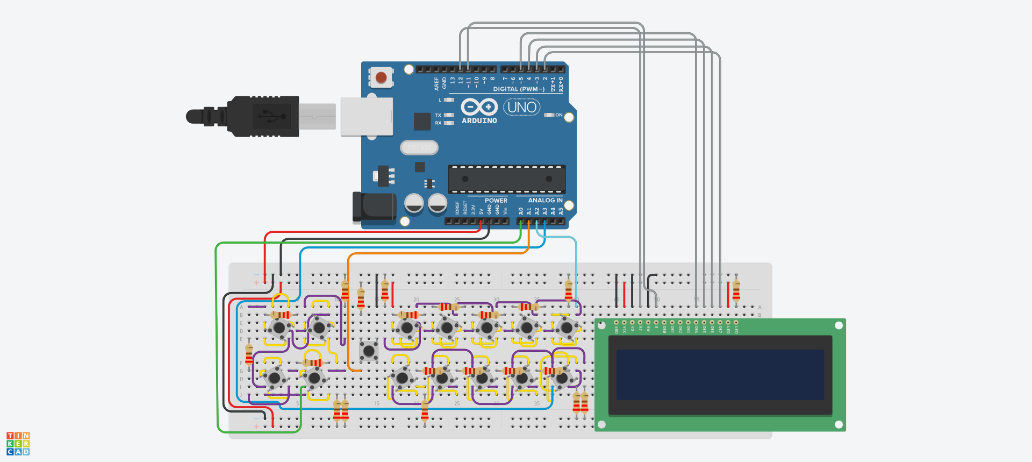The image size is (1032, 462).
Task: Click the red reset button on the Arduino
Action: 381,77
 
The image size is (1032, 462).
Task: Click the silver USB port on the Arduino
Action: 367,116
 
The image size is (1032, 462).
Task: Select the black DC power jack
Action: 374,207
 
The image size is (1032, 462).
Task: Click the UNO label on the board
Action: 522,107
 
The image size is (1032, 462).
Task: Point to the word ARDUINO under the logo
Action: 479,121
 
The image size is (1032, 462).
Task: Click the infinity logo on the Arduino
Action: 479,106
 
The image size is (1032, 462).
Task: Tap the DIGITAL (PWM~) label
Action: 519,89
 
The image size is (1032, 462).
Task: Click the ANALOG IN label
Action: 545,200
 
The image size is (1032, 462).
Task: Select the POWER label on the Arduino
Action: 496,201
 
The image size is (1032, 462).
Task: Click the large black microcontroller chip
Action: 507,179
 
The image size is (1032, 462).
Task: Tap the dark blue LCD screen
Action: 720,375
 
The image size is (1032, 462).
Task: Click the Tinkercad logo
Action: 18,444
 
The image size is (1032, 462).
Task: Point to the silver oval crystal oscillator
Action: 419,147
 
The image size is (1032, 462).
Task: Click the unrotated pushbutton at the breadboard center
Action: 369,351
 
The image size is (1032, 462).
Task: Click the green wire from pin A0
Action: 217,333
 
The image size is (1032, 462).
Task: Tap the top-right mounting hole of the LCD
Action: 838,325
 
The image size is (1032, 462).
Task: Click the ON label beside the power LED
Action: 559,115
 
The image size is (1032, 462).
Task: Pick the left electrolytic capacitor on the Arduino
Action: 414,203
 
